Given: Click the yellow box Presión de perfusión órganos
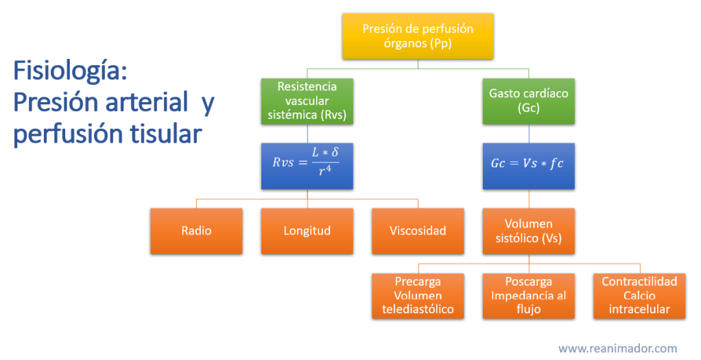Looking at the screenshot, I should (x=418, y=36).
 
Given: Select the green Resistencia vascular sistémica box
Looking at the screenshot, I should (x=307, y=100).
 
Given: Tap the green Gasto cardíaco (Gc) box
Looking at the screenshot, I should (x=529, y=100).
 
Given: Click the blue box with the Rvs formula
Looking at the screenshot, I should (x=307, y=165).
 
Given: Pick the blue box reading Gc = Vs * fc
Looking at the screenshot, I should (x=529, y=165).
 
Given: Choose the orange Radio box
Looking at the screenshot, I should (x=196, y=230).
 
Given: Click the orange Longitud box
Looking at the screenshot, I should (x=307, y=230).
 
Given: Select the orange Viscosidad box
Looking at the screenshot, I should (x=418, y=230).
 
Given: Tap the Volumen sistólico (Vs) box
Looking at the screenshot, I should (x=529, y=230).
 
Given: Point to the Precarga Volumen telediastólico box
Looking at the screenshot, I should (x=418, y=296).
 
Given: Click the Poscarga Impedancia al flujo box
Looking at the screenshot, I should (x=529, y=296).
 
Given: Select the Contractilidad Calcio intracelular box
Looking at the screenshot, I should (x=639, y=296).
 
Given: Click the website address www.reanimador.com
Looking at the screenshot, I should (x=617, y=348).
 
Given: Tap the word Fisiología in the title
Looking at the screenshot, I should (x=70, y=71).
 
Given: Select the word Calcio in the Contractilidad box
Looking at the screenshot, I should (x=639, y=296).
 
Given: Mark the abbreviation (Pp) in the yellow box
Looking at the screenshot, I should (x=440, y=43).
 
